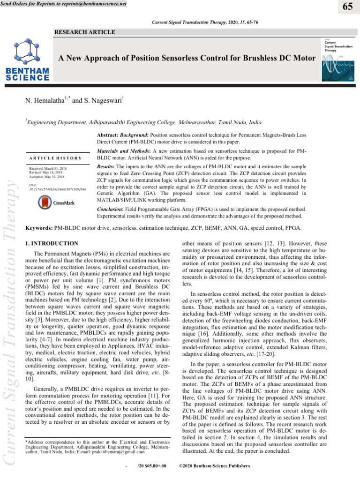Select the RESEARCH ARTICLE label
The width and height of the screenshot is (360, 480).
coord(85,32)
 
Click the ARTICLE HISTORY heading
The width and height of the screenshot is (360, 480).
coord(54,158)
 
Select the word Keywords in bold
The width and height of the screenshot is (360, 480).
coord(39,227)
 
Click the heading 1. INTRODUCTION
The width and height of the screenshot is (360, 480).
coord(51,244)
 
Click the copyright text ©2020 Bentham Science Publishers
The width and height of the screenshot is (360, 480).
coord(215,467)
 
